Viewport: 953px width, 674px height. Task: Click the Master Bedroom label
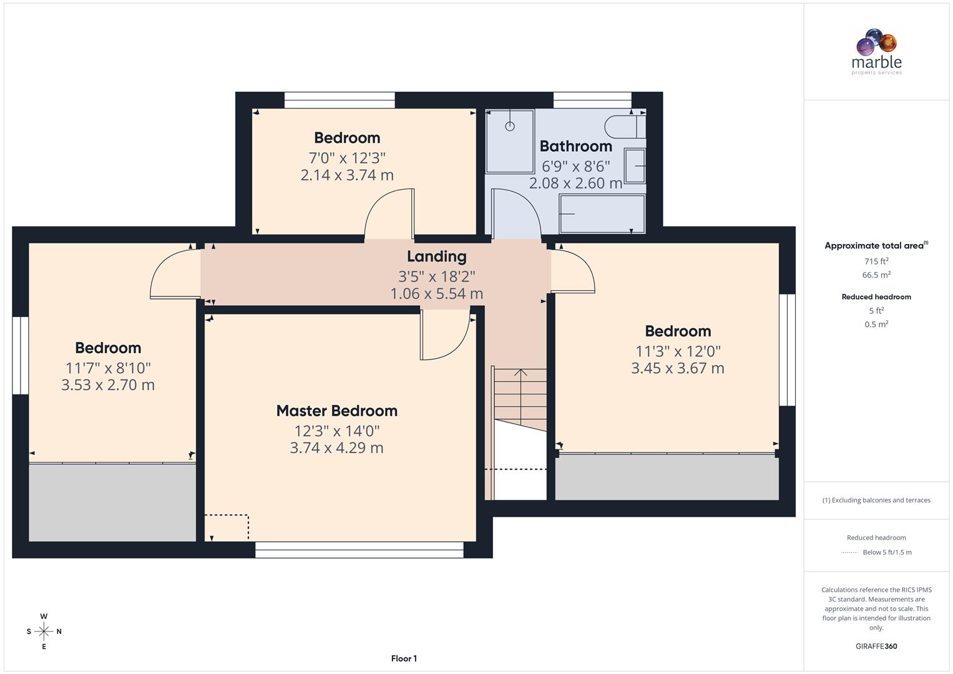tap(336, 411)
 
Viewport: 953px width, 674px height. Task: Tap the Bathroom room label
tap(575, 146)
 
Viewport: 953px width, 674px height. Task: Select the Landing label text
tap(436, 256)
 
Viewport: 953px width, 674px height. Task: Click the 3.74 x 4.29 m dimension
tap(336, 447)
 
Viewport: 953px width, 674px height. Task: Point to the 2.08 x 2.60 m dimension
tap(575, 183)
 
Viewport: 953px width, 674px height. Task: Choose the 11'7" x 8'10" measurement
tap(108, 368)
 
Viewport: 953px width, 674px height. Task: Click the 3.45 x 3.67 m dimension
tap(677, 368)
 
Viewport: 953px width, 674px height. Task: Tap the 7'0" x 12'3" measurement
tap(347, 158)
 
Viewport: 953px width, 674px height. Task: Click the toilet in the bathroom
tap(624, 127)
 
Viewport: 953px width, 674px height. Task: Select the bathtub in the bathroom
tap(602, 214)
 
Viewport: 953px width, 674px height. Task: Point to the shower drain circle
tap(510, 126)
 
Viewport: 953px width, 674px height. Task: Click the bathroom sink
tap(635, 166)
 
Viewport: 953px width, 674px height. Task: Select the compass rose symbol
tap(44, 632)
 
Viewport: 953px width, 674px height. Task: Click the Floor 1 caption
tap(404, 658)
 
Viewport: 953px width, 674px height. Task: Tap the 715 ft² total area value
tap(876, 261)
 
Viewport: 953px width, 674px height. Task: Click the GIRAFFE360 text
tap(876, 646)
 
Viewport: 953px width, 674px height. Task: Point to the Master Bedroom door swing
tap(444, 337)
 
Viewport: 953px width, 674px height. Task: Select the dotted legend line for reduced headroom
tap(849, 552)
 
